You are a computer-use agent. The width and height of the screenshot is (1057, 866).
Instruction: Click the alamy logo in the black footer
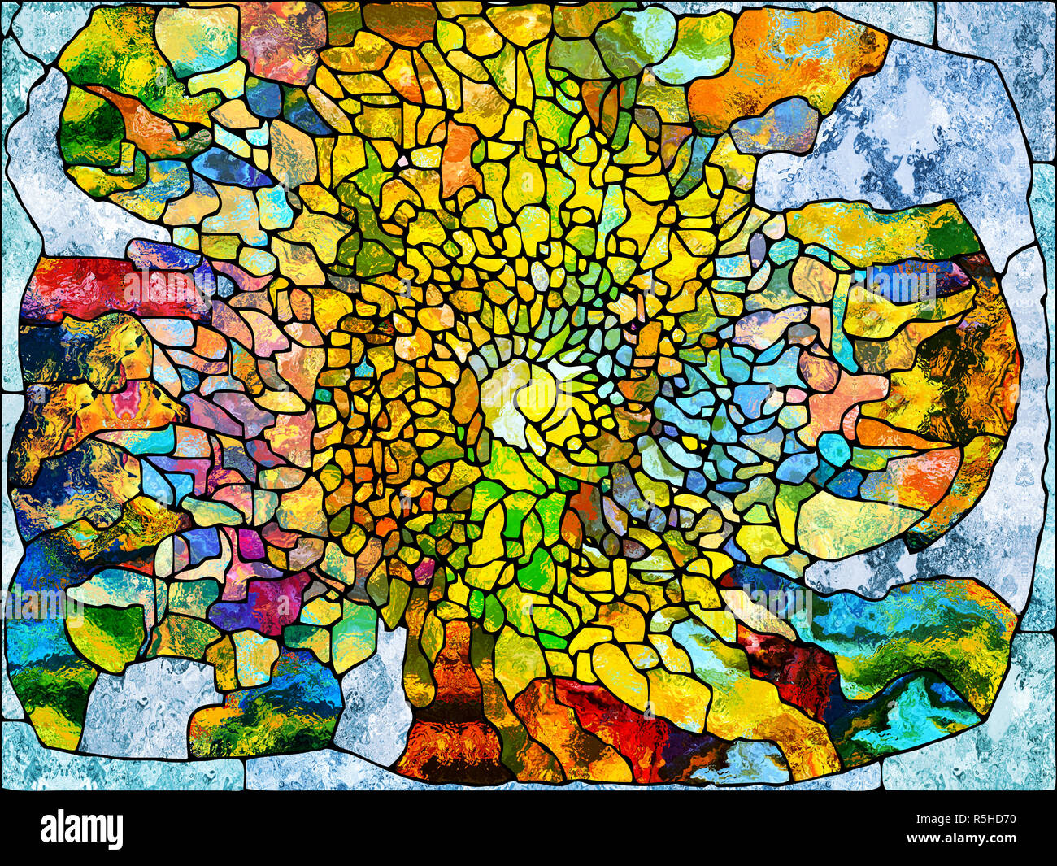(82, 830)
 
